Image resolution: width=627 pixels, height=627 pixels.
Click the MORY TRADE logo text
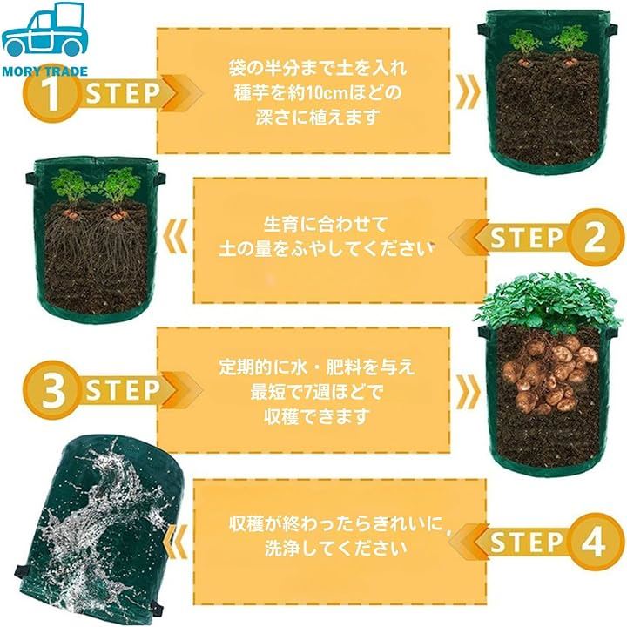(x=44, y=71)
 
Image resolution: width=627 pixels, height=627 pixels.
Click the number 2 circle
(x=595, y=238)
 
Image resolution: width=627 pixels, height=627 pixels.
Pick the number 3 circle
(x=52, y=390)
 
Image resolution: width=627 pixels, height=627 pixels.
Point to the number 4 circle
(x=594, y=542)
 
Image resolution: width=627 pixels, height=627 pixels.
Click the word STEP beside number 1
(x=123, y=93)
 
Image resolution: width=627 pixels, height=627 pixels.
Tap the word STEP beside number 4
(x=526, y=543)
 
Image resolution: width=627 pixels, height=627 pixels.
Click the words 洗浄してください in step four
(x=336, y=549)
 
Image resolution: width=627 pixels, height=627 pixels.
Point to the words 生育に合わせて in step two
(x=326, y=224)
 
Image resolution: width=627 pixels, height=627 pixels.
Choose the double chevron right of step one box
(x=469, y=92)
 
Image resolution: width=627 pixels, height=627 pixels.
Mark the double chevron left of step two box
(x=176, y=235)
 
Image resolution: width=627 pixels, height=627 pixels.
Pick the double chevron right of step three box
(x=469, y=391)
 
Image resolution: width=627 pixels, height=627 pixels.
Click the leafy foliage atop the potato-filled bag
(x=549, y=302)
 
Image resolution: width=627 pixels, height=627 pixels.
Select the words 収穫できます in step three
(x=316, y=417)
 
